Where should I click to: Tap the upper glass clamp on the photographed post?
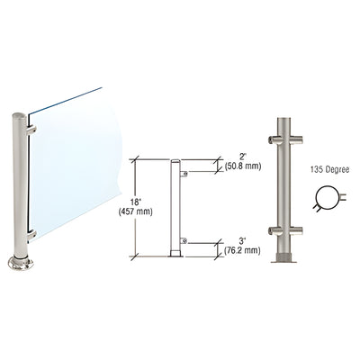coord(31,130)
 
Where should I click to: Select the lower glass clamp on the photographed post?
coord(31,236)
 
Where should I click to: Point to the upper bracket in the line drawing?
coord(184,173)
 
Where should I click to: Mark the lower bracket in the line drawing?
coord(184,240)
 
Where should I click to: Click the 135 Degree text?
coord(326,167)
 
